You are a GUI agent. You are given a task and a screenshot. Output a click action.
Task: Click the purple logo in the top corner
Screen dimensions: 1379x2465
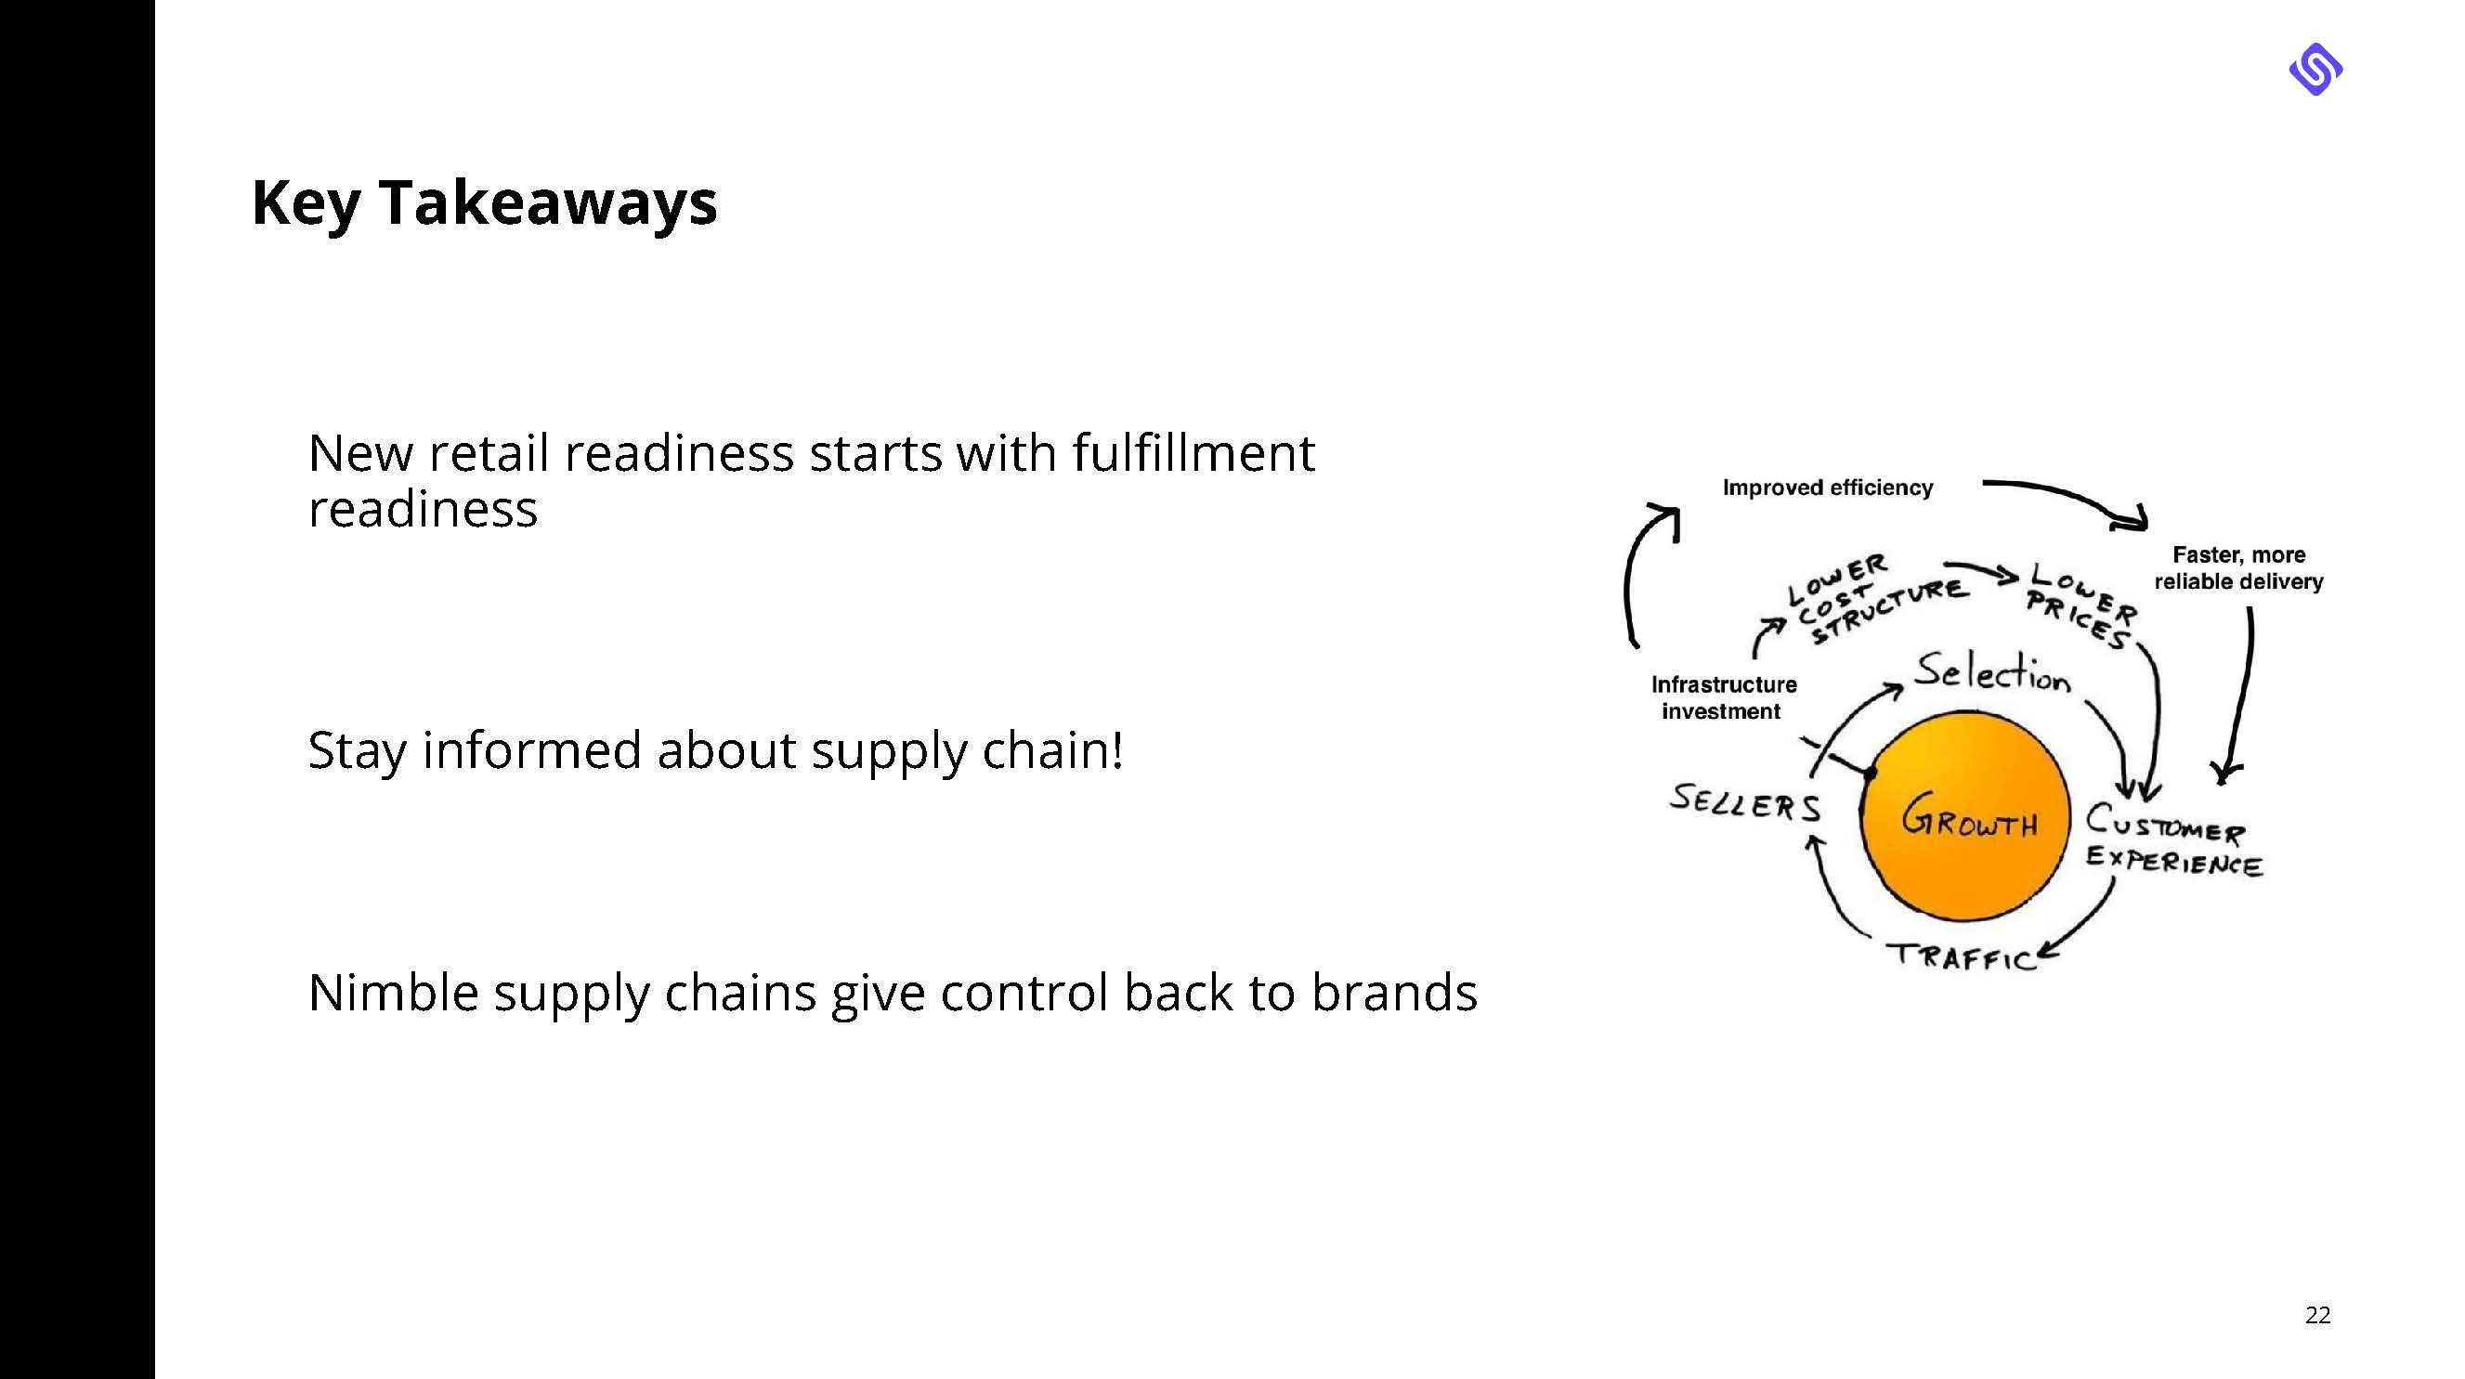coord(2315,69)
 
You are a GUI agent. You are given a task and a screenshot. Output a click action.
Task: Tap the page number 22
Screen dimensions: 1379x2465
coord(2317,1315)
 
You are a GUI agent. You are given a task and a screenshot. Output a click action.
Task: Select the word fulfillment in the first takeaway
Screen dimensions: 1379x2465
coord(1193,452)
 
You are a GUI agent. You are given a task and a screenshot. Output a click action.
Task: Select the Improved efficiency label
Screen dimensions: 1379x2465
coord(1827,488)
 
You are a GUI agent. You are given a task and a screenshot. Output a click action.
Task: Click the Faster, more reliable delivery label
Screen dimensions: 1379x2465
coord(2238,568)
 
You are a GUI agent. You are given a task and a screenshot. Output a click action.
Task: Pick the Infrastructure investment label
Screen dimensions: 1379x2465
coord(1724,697)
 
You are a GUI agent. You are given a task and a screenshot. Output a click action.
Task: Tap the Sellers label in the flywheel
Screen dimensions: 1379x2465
coord(1744,803)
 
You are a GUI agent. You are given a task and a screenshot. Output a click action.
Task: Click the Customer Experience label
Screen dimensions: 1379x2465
coord(2172,840)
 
